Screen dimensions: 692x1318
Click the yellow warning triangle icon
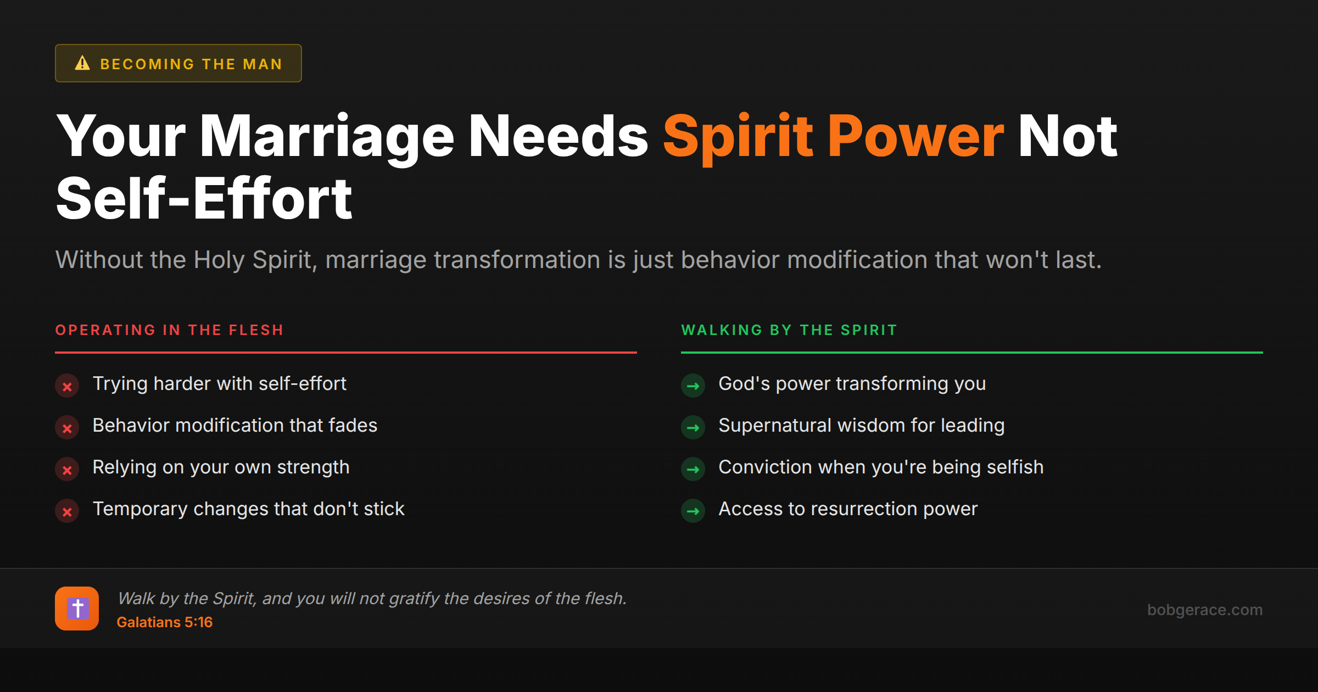(82, 63)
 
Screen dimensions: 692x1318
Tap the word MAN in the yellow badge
(263, 64)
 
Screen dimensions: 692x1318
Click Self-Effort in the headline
(204, 199)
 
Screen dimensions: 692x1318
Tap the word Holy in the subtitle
(218, 260)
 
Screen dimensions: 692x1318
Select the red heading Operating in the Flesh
(169, 330)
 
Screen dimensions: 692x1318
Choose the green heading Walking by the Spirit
(789, 330)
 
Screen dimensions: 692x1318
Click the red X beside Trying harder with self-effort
(67, 386)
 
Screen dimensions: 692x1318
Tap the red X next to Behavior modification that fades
(67, 428)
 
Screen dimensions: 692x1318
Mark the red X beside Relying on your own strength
(67, 470)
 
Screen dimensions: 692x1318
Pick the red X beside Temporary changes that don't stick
(67, 511)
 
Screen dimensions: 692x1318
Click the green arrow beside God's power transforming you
(693, 386)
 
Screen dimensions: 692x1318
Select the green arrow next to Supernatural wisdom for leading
(693, 428)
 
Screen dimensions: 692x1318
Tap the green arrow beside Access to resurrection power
(693, 511)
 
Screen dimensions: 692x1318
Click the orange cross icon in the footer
(77, 609)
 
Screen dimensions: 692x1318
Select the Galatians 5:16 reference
(164, 622)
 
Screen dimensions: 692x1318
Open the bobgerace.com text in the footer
(1204, 610)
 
